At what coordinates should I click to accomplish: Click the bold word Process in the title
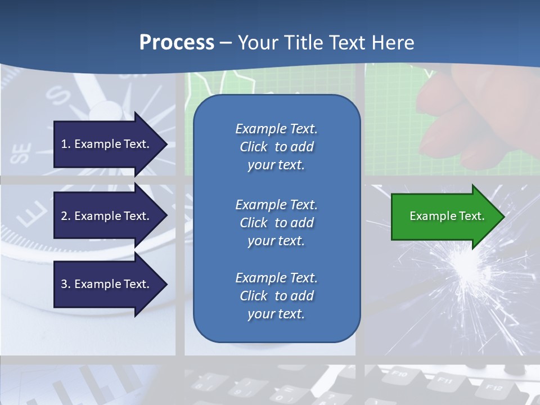177,43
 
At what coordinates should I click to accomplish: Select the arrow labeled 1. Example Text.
107,144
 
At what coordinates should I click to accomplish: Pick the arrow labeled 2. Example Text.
107,216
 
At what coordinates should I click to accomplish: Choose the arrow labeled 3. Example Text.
107,284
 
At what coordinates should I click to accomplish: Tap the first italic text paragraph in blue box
276,147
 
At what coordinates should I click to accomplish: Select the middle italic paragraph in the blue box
276,223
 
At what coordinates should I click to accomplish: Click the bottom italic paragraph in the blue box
276,296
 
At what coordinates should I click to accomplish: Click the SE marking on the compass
21,153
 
